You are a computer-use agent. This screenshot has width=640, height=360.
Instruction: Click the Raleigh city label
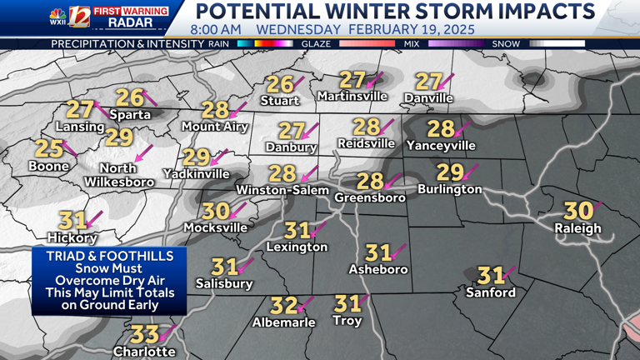(582, 228)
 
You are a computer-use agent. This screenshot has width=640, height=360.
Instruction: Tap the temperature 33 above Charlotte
(145, 335)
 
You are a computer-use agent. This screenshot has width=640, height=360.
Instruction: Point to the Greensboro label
(370, 197)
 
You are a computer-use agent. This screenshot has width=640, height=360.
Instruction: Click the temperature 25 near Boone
(49, 149)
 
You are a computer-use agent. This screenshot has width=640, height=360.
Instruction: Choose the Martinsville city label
(352, 97)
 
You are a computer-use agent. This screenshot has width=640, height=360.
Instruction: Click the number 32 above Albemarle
(284, 306)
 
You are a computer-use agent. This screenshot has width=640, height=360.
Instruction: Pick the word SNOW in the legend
(505, 43)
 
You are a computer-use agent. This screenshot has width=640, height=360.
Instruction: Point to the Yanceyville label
(441, 146)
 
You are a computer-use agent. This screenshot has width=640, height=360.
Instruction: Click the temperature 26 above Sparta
(129, 97)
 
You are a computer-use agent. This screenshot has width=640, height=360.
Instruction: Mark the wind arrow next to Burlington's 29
(472, 171)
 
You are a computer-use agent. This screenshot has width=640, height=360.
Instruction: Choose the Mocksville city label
(215, 227)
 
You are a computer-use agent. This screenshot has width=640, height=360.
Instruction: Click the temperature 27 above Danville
(427, 81)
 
